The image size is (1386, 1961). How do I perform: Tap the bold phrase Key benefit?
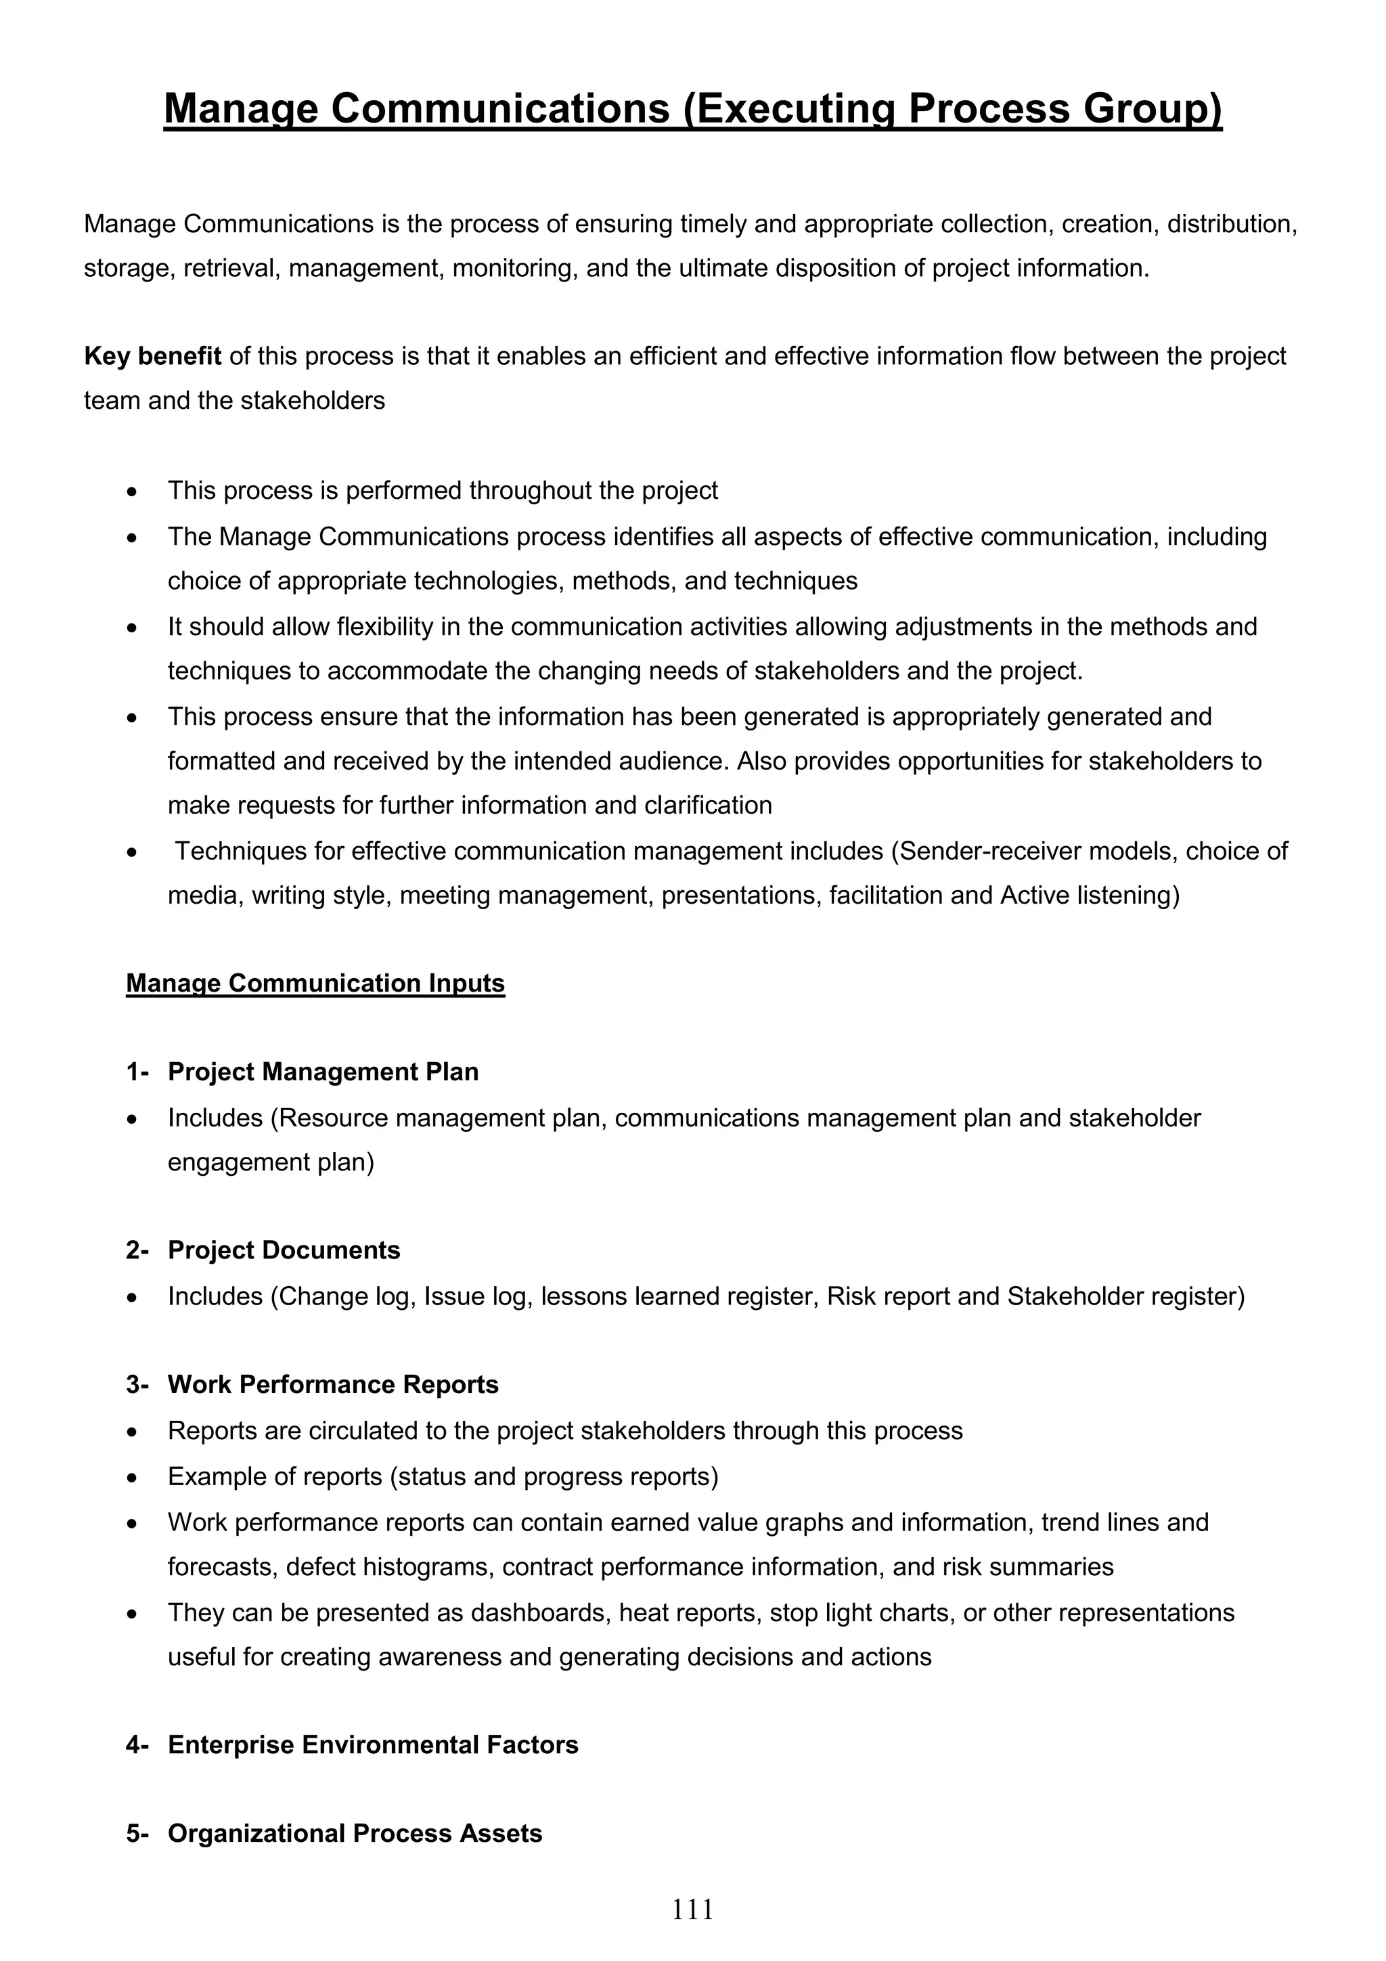coord(152,356)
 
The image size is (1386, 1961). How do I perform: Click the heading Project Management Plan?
coord(323,1072)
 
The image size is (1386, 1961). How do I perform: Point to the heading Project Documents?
coord(284,1250)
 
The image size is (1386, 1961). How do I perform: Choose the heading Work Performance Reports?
coord(333,1384)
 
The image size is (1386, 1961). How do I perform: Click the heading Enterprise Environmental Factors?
coord(372,1744)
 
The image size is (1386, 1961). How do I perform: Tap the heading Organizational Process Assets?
coord(355,1834)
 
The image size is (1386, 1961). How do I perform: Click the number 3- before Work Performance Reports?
coord(137,1384)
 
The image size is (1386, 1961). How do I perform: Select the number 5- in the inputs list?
coord(137,1834)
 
